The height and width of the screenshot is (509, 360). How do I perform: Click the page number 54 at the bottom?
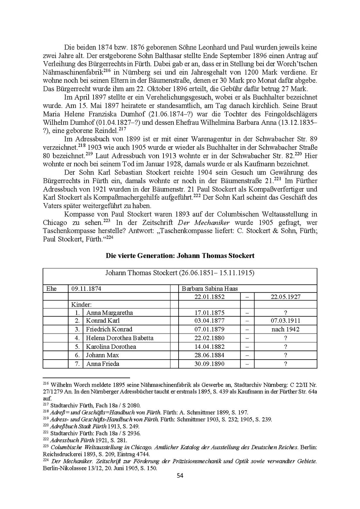pos(180,476)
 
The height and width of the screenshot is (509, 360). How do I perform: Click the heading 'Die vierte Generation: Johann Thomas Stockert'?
pos(180,256)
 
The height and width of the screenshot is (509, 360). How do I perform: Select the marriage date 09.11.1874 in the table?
pos(86,289)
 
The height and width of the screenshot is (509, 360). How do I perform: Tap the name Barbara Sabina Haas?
pos(210,289)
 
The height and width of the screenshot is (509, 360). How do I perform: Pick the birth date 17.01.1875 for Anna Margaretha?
pos(209,313)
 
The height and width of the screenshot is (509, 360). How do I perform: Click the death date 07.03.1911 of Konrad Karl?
pos(285,321)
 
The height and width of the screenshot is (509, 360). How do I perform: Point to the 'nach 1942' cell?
pos(285,329)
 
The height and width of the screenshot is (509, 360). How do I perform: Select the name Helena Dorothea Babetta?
pos(120,338)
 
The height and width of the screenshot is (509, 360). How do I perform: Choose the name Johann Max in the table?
pos(102,355)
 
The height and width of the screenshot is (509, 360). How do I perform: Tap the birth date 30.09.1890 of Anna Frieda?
pos(209,364)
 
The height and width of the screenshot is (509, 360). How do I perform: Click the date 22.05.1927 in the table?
pos(285,297)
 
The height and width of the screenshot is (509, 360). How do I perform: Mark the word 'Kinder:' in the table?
pos(82,304)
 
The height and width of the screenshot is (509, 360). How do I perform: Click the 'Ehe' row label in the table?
pos(51,289)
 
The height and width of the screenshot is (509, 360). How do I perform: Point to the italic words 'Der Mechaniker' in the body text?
pos(204,223)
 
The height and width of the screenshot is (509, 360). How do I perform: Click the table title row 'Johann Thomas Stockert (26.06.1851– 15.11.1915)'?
pos(180,273)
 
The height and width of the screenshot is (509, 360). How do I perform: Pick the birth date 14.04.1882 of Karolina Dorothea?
pos(209,347)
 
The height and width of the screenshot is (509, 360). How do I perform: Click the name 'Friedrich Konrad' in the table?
pos(109,329)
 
